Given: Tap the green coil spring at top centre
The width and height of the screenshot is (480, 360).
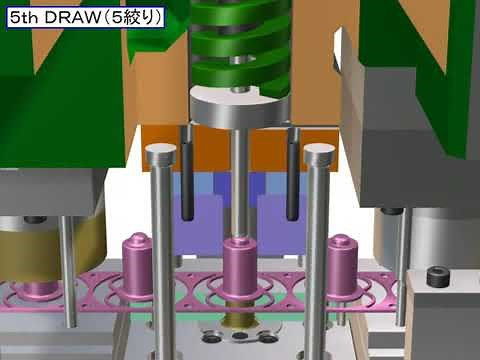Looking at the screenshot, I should (x=237, y=45).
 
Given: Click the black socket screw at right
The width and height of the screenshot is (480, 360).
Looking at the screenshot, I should (x=436, y=277).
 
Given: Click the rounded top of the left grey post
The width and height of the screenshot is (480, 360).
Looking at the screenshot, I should (x=159, y=154).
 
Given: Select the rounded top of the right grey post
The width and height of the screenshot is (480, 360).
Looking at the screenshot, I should (x=318, y=154).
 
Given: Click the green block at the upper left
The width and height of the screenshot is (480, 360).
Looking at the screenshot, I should (x=60, y=80).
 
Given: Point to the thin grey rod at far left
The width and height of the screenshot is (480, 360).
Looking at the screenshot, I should (x=67, y=270).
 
